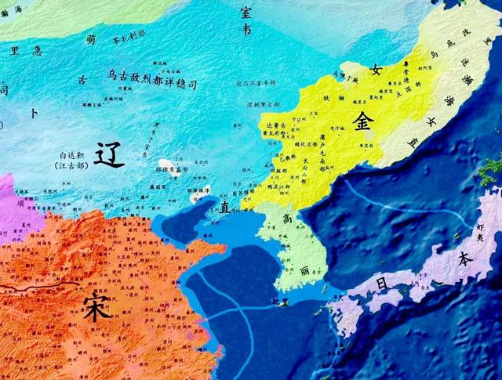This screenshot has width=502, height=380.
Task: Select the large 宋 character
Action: coord(97,304)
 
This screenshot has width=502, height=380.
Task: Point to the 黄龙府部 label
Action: coord(278,132)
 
